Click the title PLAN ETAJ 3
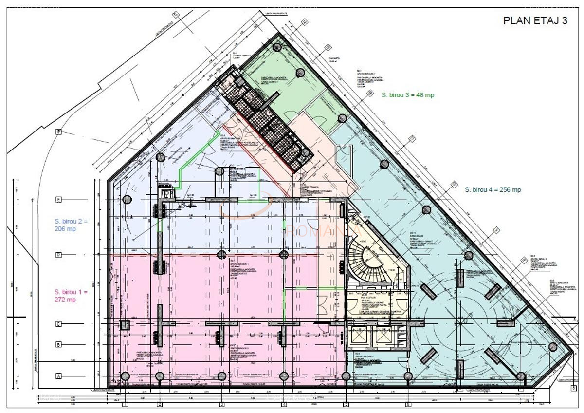tap(535, 21)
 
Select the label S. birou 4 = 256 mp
tap(493, 190)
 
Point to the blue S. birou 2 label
tap(72, 225)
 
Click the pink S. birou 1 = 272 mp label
tap(72, 296)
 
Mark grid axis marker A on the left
tap(59, 376)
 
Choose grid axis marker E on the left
tap(59, 199)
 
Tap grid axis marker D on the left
tap(59, 254)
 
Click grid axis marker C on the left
tap(59, 324)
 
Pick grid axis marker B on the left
tap(59, 345)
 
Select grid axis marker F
tap(59, 131)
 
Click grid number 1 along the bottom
tap(125, 404)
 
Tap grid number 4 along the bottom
tap(284, 404)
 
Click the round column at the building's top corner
tap(277, 47)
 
